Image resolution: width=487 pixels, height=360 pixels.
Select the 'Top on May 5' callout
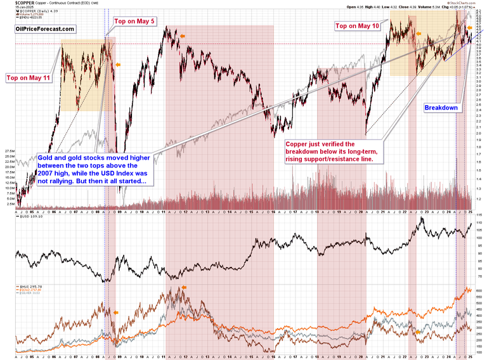click(x=134, y=21)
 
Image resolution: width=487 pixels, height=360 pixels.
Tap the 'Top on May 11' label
click(x=29, y=78)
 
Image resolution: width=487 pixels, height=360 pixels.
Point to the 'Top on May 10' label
click(x=357, y=26)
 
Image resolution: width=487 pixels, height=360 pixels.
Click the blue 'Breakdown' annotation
click(x=441, y=108)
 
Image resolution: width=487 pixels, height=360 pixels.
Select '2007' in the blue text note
click(x=49, y=173)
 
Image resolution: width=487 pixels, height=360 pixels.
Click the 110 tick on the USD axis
click(x=480, y=223)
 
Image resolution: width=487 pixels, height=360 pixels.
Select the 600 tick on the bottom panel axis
click(x=480, y=288)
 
